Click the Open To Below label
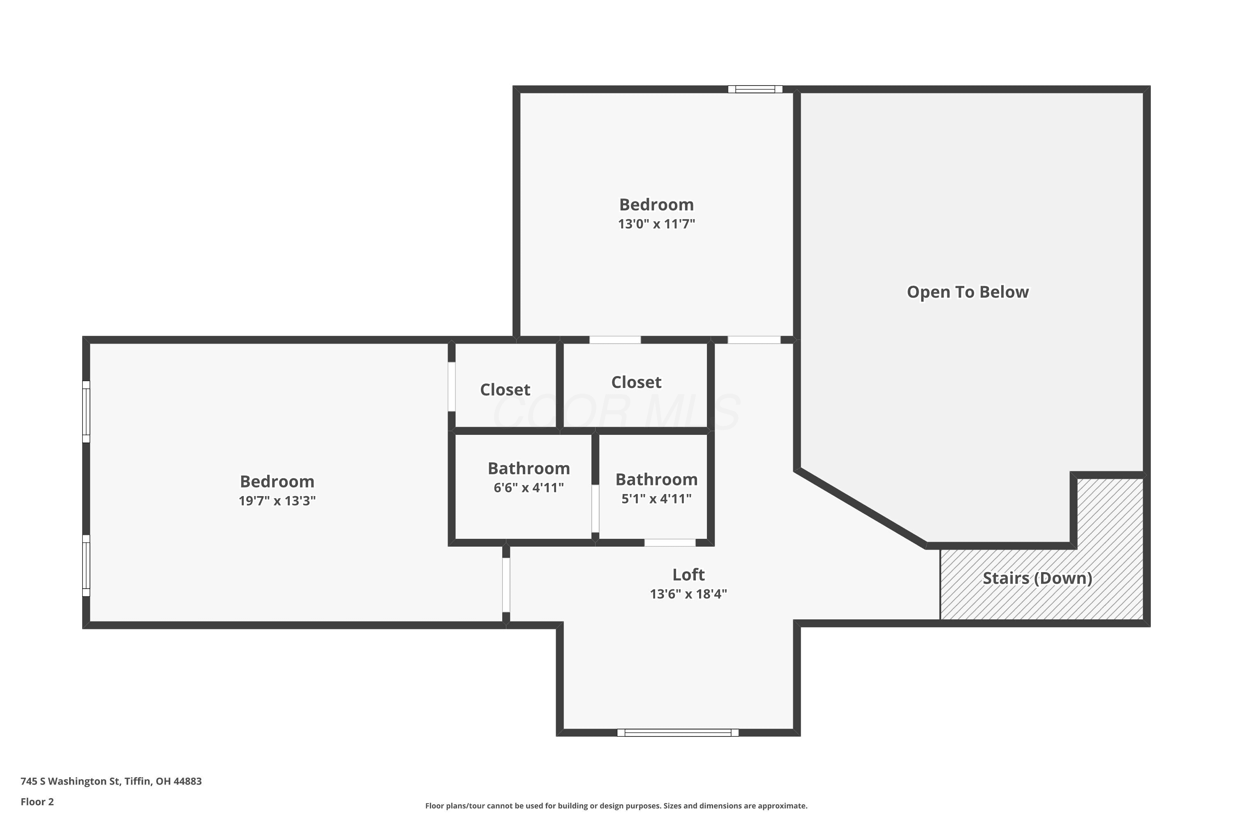point(968,292)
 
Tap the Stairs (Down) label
point(1037,578)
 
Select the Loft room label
point(688,575)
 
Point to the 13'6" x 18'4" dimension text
point(688,594)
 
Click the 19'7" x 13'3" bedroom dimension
point(277,501)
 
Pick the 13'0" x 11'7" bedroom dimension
point(656,224)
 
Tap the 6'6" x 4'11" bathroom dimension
point(529,487)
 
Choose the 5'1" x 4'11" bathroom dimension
point(656,499)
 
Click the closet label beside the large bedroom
point(505,390)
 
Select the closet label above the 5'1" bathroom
point(636,382)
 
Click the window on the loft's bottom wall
point(678,733)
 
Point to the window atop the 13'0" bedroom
point(755,89)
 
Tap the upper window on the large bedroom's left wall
point(86,411)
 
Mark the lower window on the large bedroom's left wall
point(86,566)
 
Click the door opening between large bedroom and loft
point(506,584)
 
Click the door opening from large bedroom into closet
point(451,386)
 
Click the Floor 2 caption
point(37,801)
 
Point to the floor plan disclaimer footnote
point(616,806)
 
